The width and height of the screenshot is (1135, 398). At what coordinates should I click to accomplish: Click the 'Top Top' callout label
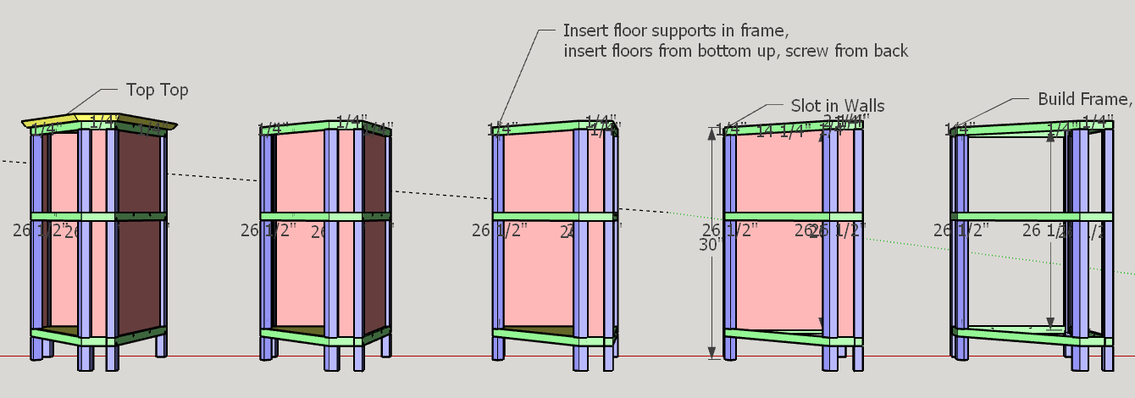[157, 90]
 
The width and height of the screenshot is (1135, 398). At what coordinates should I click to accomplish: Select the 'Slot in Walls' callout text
[837, 106]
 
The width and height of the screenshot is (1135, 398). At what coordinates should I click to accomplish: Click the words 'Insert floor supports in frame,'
[676, 30]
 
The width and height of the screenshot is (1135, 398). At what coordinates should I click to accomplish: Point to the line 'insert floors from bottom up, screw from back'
[735, 52]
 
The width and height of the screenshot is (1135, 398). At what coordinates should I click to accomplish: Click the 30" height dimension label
[709, 245]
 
